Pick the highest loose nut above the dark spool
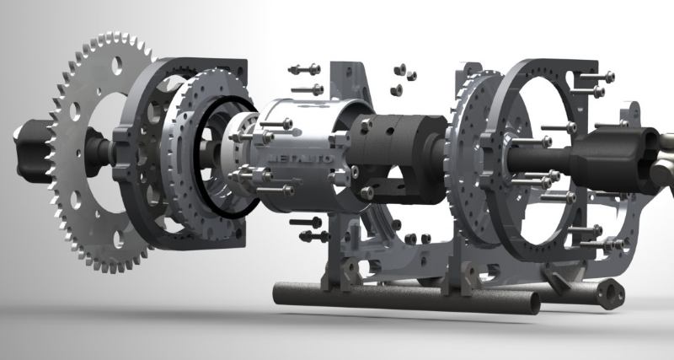click(402, 67)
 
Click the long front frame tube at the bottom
click(404, 299)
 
